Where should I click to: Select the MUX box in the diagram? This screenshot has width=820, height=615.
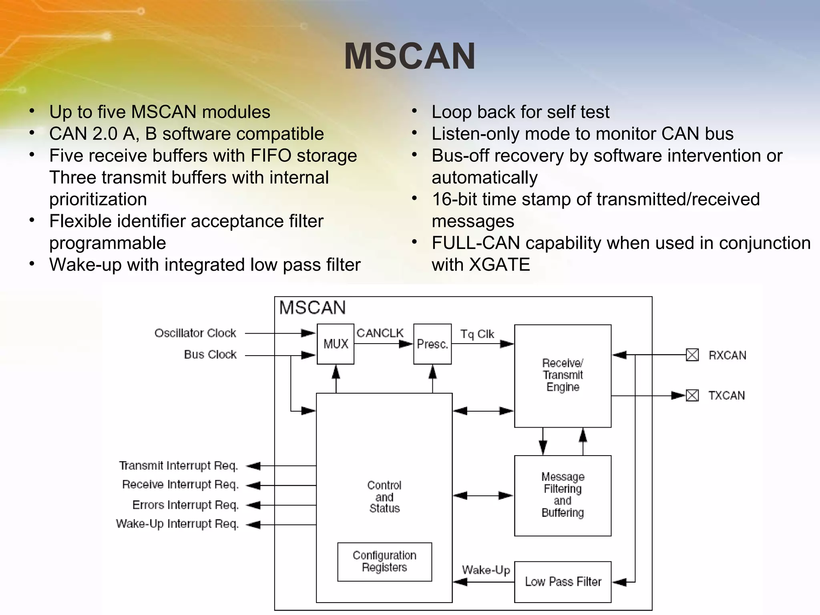(x=336, y=344)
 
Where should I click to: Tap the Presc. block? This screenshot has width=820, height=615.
(x=432, y=344)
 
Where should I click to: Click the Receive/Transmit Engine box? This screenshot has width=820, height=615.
(x=563, y=376)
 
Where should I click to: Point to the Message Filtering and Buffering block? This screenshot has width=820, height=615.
(x=563, y=495)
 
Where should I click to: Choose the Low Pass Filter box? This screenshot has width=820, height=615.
(x=563, y=582)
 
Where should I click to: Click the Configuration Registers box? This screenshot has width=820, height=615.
(x=384, y=561)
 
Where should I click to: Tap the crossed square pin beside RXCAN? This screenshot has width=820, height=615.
(x=692, y=355)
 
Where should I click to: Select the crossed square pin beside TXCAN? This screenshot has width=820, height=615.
(x=692, y=396)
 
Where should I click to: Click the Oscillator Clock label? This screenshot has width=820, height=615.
(x=195, y=333)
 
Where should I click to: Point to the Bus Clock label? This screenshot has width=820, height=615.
(x=210, y=354)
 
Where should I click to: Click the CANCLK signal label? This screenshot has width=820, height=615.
(x=380, y=333)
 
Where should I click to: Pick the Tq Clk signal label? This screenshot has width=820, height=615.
(x=477, y=334)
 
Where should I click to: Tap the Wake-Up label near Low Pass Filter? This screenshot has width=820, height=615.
(x=486, y=570)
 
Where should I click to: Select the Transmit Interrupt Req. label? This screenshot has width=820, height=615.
(x=179, y=466)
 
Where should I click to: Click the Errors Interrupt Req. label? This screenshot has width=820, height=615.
(x=185, y=505)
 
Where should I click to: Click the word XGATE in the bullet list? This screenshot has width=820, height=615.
(x=499, y=265)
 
